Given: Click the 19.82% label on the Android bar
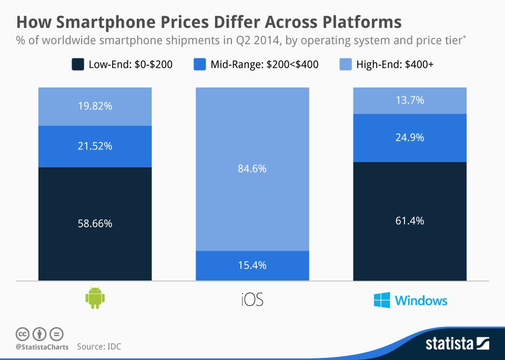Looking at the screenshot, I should pyautogui.click(x=95, y=106).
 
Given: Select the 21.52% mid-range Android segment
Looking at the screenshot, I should pyautogui.click(x=95, y=146).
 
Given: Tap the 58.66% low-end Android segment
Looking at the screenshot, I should pyautogui.click(x=95, y=223).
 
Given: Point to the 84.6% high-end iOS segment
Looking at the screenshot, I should pyautogui.click(x=252, y=169).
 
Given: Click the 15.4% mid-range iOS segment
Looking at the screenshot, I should pyautogui.click(x=252, y=265).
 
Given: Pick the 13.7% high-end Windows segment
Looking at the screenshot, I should pyautogui.click(x=409, y=100).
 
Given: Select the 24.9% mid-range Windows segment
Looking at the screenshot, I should pyautogui.click(x=409, y=137).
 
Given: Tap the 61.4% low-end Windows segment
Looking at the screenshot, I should pyautogui.click(x=409, y=221).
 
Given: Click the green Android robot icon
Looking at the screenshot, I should pyautogui.click(x=95, y=297).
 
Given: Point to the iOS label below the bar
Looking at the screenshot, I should pyautogui.click(x=252, y=300).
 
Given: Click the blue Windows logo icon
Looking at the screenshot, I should pyautogui.click(x=382, y=301).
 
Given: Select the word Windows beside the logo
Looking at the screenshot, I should pyautogui.click(x=421, y=301).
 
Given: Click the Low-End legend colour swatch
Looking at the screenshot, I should pyautogui.click(x=77, y=65).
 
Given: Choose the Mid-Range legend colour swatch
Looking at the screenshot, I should pyautogui.click(x=200, y=65).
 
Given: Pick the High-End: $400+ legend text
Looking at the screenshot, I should pyautogui.click(x=395, y=65).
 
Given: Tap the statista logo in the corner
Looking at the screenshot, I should pyautogui.click(x=457, y=344).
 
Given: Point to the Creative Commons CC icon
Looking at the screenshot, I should pyautogui.click(x=23, y=333).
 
